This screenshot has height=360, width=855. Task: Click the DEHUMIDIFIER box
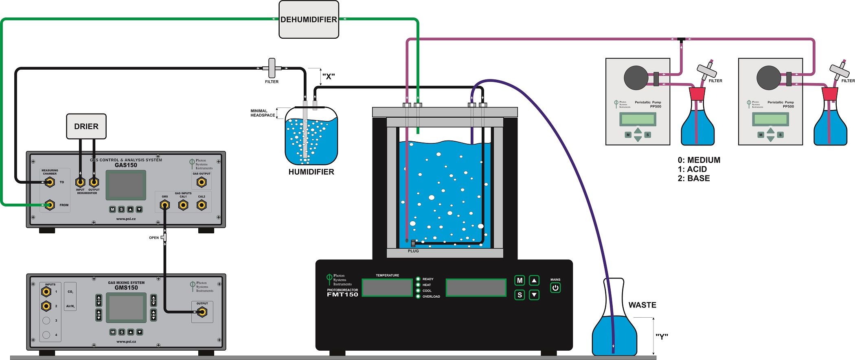coord(309,20)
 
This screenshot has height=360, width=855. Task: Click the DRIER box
coord(86,126)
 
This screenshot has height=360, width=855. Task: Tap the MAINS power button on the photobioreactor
coord(555,288)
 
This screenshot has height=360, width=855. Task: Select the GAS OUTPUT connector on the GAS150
coord(202,182)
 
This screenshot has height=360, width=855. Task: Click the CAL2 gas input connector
coord(202,205)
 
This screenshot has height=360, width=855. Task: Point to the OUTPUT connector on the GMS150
coord(202,312)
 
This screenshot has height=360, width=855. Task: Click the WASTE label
coord(642,305)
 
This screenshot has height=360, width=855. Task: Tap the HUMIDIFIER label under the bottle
coord(311,172)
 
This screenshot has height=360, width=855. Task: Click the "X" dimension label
coord(328,77)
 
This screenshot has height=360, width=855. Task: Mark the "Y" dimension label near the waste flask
coord(662,337)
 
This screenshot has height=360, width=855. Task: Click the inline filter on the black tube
coord(272,68)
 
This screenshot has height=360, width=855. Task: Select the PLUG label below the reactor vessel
coord(413,251)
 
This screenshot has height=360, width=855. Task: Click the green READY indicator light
coord(418,279)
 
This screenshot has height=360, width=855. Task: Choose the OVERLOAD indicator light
coord(418,296)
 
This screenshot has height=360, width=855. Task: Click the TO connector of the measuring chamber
coord(50,182)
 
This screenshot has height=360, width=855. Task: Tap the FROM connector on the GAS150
coord(50,205)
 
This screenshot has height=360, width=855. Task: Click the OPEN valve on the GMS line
coord(164,237)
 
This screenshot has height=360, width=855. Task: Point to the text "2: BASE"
coord(694,178)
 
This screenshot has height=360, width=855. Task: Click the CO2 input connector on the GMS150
coord(46,292)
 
